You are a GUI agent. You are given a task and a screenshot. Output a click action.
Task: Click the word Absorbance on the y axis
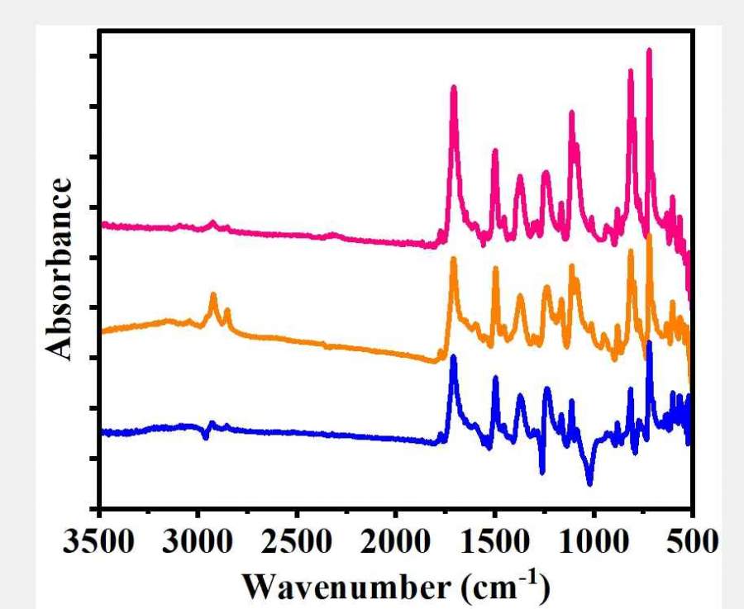[x=59, y=269]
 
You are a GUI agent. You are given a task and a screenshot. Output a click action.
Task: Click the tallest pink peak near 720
[x=649, y=51]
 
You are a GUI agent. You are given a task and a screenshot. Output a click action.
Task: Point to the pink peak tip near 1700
[x=453, y=88]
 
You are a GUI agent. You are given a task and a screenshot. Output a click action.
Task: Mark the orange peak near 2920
[x=213, y=294]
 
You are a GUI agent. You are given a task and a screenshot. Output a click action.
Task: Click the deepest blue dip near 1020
[x=589, y=483]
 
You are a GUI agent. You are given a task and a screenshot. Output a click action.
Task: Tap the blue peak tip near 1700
[x=453, y=358]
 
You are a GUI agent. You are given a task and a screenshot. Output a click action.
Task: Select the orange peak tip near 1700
[x=453, y=259]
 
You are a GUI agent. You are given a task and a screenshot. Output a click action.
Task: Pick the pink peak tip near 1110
[x=571, y=112]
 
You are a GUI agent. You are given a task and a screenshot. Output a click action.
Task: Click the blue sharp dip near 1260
[x=542, y=472]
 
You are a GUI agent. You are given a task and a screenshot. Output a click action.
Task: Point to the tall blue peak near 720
[x=649, y=343]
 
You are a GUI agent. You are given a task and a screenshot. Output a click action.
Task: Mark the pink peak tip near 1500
[x=494, y=151]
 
